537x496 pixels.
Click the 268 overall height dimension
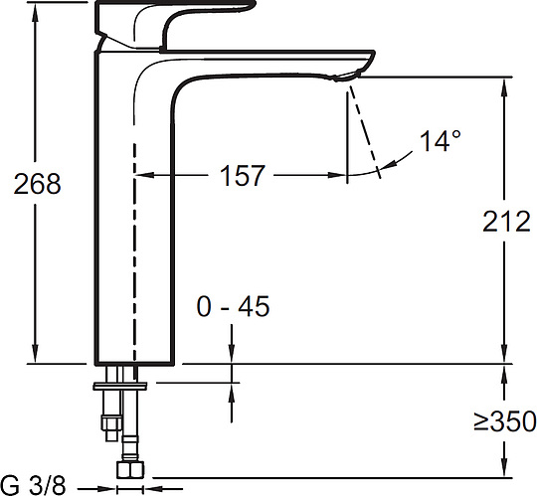(x=37, y=184)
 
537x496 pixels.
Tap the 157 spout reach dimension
(x=242, y=175)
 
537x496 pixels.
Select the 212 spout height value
(x=506, y=222)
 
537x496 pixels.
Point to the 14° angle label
(x=440, y=141)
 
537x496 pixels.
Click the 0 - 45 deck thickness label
(x=233, y=306)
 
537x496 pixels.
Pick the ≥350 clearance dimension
(x=505, y=421)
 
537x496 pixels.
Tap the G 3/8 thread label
(x=33, y=485)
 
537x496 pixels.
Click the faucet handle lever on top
(x=175, y=24)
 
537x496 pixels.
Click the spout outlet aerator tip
(x=347, y=76)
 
